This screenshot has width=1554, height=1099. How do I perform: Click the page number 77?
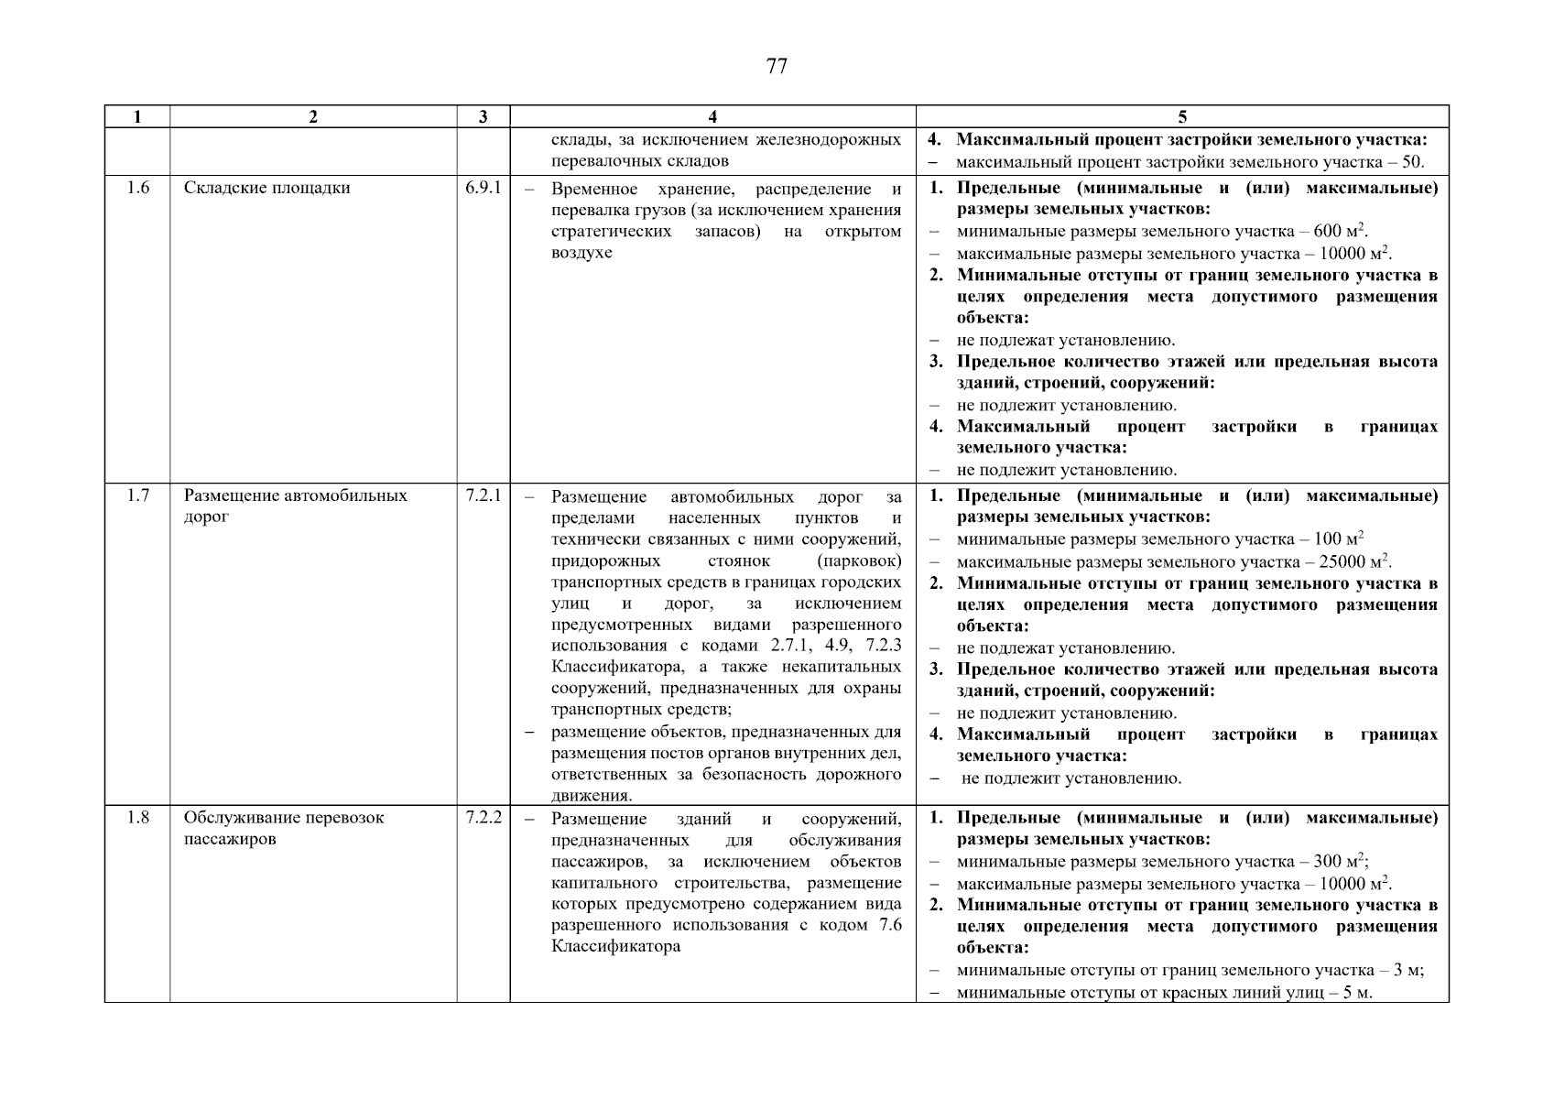[776, 67]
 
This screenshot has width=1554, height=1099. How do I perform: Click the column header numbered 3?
[483, 116]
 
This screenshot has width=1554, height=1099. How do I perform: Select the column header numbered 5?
[1182, 116]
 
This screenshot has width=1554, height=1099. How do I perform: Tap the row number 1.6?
[137, 189]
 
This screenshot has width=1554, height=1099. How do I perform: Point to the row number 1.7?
[137, 496]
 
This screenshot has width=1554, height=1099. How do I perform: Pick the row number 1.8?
[137, 818]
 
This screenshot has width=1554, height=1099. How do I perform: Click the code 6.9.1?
[483, 189]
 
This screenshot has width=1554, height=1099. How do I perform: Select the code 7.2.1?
[483, 496]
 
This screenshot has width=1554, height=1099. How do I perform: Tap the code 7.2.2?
[483, 818]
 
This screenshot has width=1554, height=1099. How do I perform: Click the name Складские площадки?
[266, 189]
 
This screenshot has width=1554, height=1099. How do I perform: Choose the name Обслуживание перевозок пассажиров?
[284, 828]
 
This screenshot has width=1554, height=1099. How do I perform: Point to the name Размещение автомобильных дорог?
[295, 506]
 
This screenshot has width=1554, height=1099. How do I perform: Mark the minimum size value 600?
[1326, 233]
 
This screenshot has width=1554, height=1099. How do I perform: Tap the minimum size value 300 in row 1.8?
[1326, 863]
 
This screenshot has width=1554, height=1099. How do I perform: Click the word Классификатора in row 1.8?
[615, 947]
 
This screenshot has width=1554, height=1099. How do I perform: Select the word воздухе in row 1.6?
[581, 253]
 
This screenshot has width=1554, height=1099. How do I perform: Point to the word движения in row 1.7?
[590, 796]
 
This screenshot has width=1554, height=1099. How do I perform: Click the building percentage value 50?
[1412, 163]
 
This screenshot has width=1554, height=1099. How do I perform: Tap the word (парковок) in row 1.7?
[858, 561]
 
